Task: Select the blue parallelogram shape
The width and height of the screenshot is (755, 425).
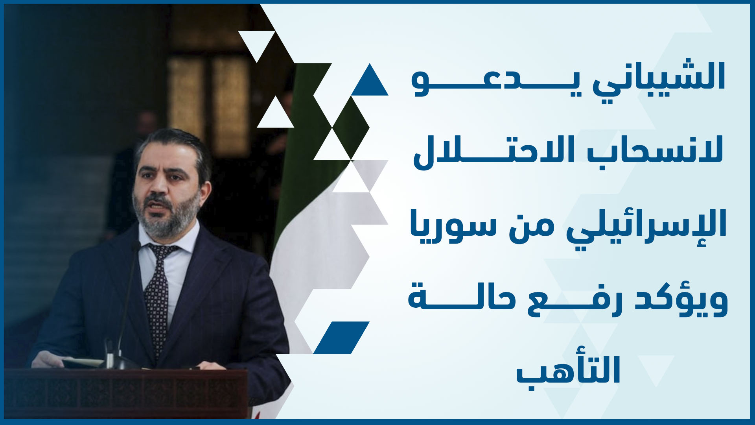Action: tap(341, 338)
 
